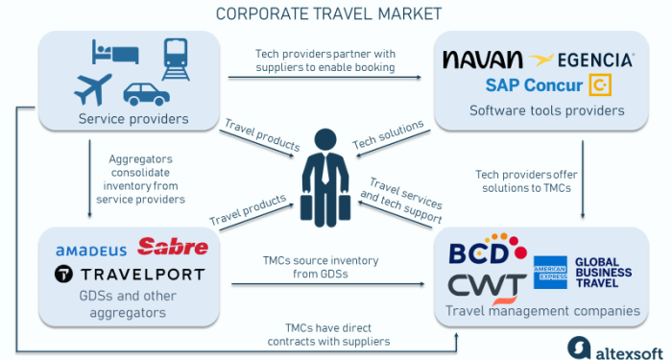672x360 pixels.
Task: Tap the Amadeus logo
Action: [x=91, y=251]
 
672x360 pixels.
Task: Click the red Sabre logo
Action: [x=173, y=248]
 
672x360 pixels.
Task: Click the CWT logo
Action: [x=488, y=285]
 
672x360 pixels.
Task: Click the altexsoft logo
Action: [x=610, y=346]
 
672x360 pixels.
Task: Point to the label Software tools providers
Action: [x=546, y=110]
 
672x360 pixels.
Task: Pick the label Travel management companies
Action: [x=541, y=310]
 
